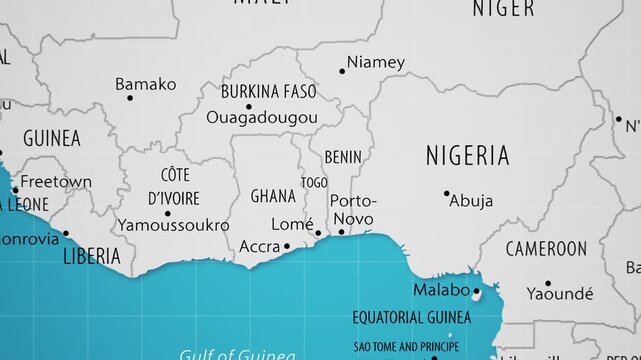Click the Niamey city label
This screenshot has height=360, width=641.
[x=376, y=62]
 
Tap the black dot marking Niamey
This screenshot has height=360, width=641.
[x=342, y=71]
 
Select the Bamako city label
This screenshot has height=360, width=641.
[x=145, y=84]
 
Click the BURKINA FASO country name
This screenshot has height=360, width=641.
[x=268, y=92]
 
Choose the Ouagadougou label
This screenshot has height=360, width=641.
[x=261, y=117]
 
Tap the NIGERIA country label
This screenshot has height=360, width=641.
[x=467, y=155]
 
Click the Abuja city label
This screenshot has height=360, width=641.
[x=471, y=201]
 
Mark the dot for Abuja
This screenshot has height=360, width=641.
[x=446, y=193]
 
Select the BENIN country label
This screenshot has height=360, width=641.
[x=343, y=158]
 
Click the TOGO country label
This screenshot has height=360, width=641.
[x=314, y=183]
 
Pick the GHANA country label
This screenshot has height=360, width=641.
[x=273, y=195]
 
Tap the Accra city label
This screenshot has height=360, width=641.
[x=259, y=246]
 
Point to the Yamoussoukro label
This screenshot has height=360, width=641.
[x=173, y=225]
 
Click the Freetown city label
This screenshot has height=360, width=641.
[x=56, y=182]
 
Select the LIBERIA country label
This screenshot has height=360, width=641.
[x=92, y=257]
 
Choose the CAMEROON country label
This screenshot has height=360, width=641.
[x=546, y=248]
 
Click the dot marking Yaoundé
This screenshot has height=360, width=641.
[x=547, y=283]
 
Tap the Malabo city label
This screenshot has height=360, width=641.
[x=441, y=290]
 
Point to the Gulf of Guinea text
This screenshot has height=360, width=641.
[x=237, y=354]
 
